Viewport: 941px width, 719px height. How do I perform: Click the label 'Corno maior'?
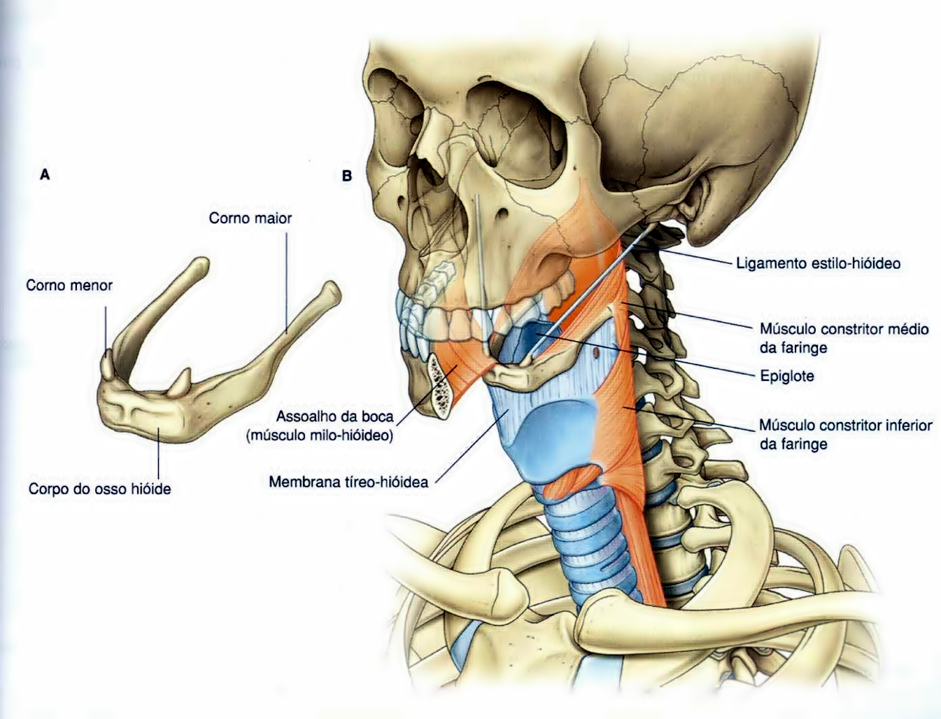coord(250,218)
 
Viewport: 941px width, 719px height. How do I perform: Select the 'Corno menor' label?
coord(69,285)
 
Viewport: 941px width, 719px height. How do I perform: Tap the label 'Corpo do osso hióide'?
coord(99,489)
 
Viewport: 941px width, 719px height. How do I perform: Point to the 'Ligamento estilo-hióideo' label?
coord(818,263)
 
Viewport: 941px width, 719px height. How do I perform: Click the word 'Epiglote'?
coord(786,376)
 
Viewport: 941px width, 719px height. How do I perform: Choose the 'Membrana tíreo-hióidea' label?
coord(348,482)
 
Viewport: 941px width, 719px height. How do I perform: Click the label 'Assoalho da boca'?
coord(334,417)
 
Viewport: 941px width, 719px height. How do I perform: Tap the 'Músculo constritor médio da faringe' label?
coord(844,338)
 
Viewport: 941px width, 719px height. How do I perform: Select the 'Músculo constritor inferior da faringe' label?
coord(845,434)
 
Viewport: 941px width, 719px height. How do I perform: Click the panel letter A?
coord(45,175)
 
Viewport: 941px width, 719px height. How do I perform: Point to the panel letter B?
coord(346,176)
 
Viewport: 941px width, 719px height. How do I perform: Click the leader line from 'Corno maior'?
coord(287,280)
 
